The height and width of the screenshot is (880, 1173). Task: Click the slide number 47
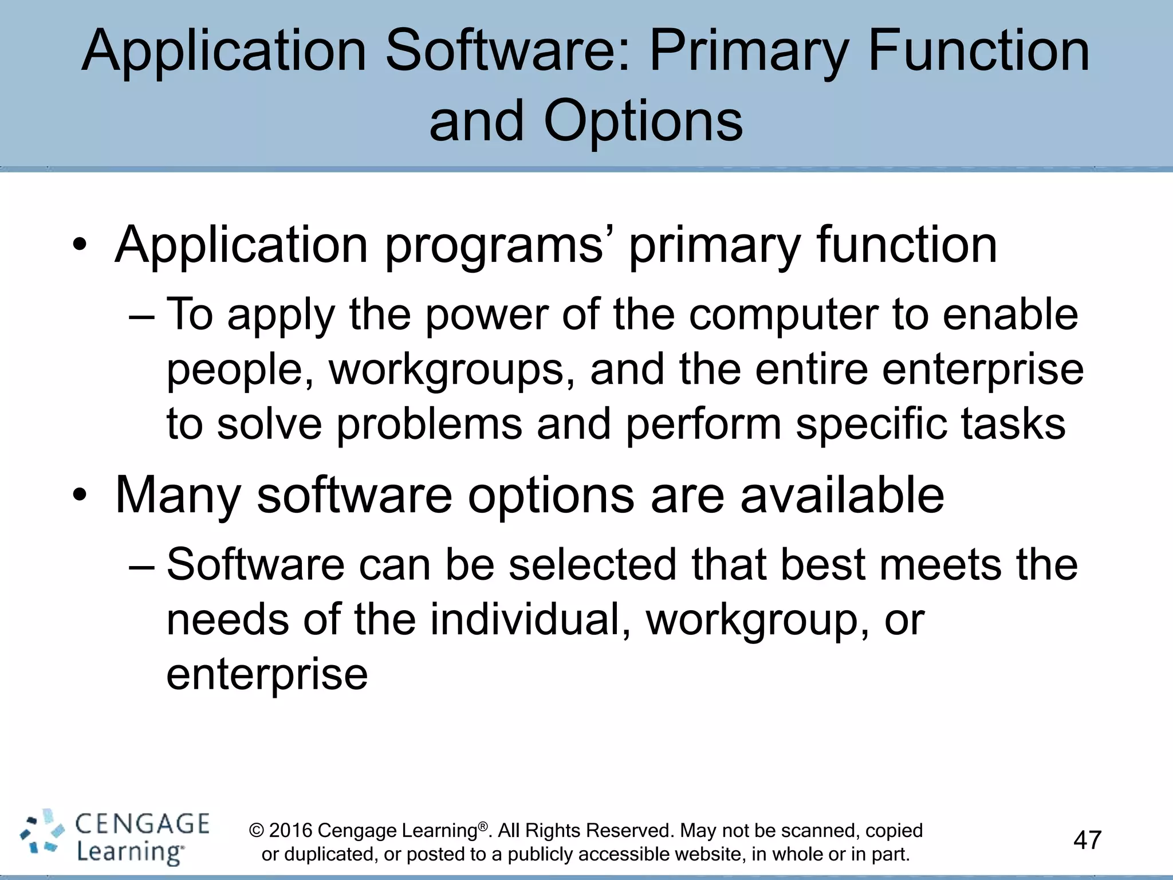(1087, 840)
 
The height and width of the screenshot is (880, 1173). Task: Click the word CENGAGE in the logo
(142, 824)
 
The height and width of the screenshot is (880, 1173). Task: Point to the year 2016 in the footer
(290, 830)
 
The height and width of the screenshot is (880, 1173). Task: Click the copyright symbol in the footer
(257, 830)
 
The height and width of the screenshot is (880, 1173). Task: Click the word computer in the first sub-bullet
(783, 315)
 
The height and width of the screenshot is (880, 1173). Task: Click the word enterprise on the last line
(267, 675)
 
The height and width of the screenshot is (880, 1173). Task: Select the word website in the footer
(709, 854)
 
